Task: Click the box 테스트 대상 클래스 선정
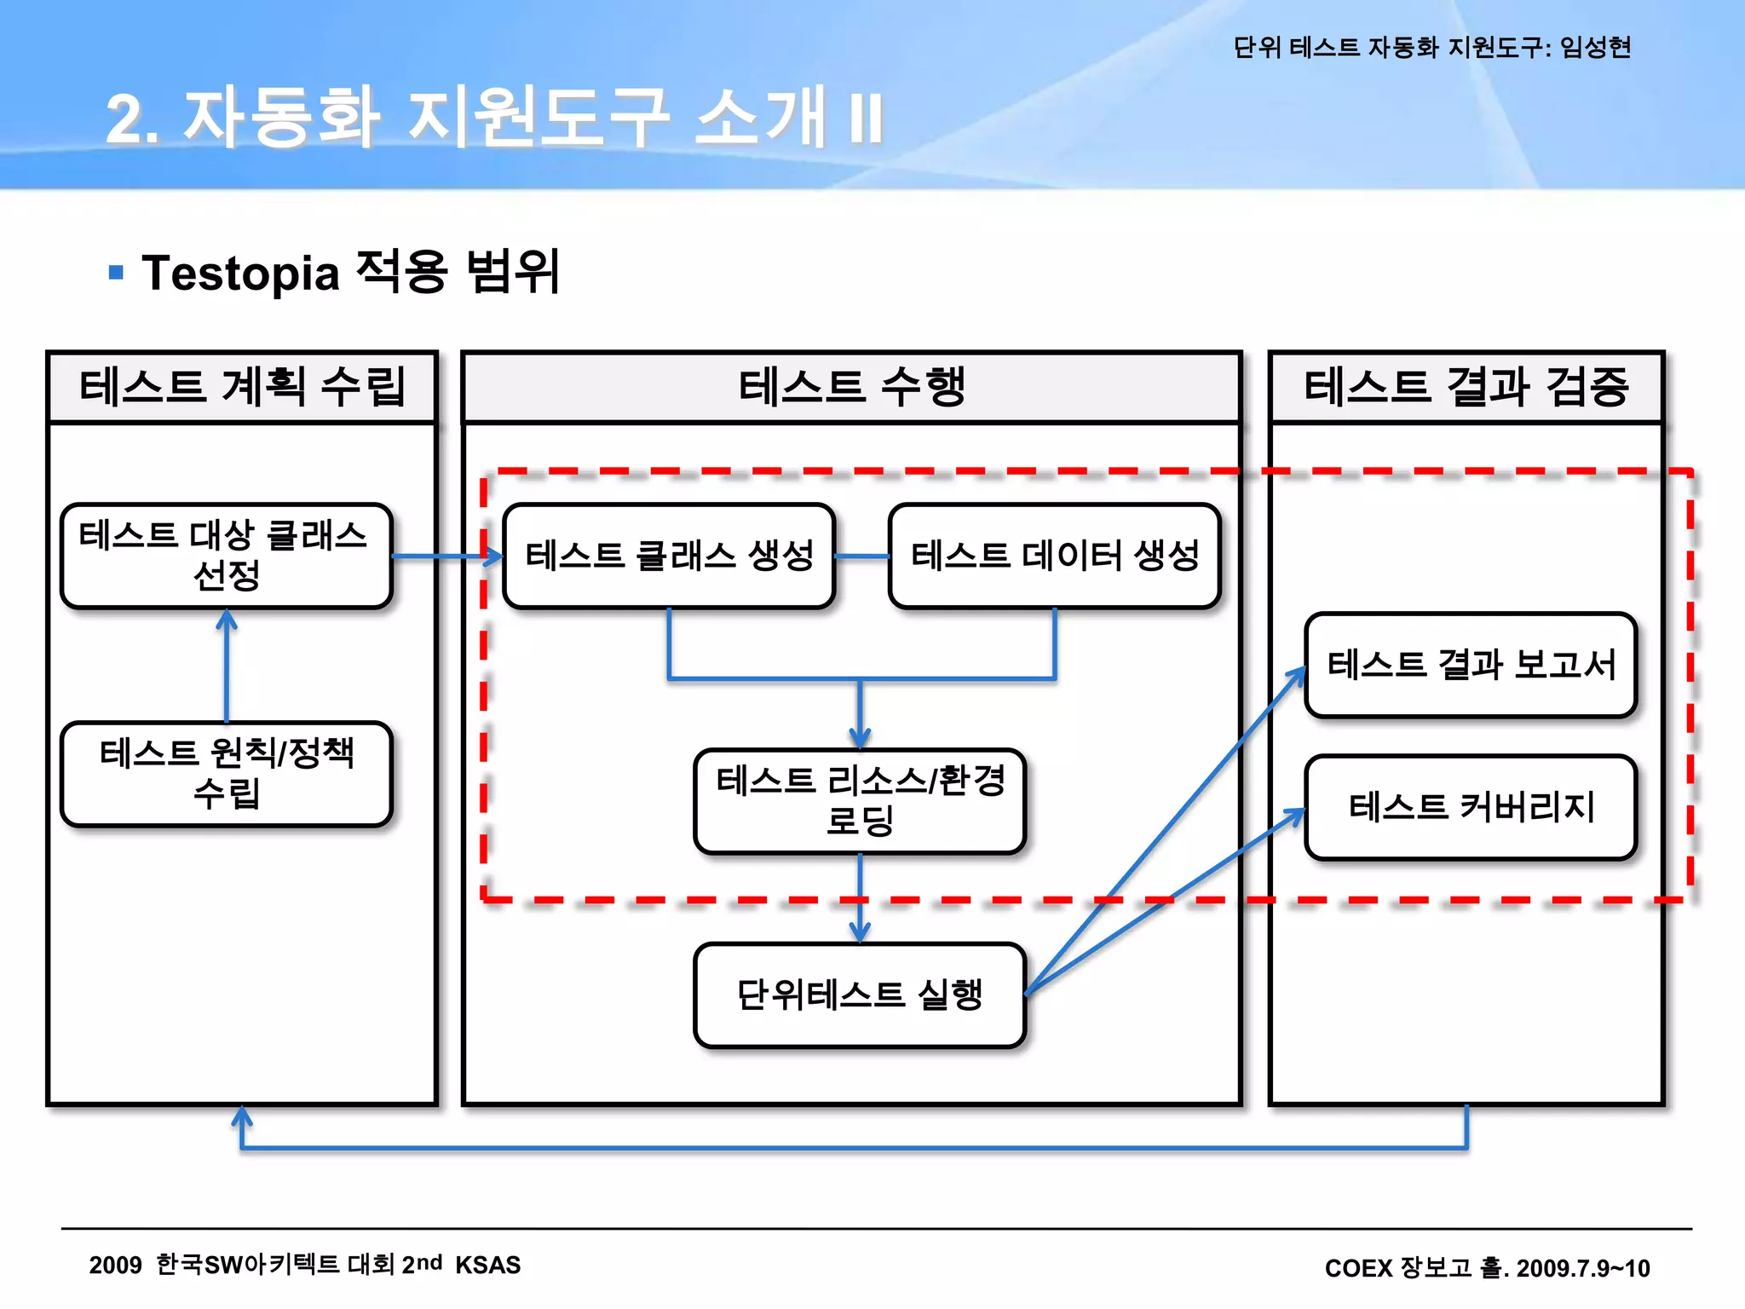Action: coord(226,556)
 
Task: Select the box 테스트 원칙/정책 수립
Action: coord(226,774)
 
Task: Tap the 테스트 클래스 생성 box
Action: coord(669,556)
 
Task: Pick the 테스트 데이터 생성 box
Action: coord(1055,556)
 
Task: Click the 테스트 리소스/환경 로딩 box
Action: coord(860,801)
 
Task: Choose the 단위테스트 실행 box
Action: coord(860,995)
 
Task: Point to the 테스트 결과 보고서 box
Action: coord(1471,665)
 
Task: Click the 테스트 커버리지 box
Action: coord(1471,807)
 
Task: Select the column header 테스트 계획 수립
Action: coord(243,387)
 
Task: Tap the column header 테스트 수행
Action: coord(851,387)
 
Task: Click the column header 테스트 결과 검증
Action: coord(1466,387)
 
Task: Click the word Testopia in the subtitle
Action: coord(241,274)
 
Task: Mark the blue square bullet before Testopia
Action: coord(117,273)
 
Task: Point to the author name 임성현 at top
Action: coord(1595,47)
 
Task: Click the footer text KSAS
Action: coord(487,1265)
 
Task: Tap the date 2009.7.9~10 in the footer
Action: coord(1583,1268)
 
